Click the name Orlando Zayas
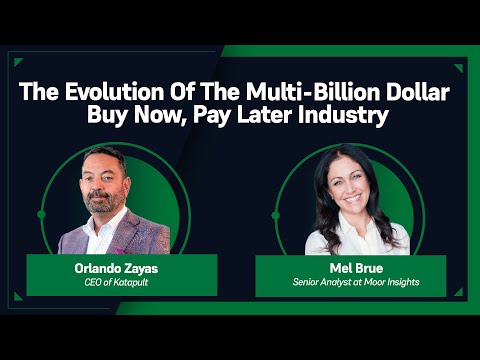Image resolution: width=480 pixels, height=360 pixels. pyautogui.click(x=120, y=267)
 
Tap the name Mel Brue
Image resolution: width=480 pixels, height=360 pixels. pyautogui.click(x=349, y=267)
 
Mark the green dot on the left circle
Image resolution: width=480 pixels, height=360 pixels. pyautogui.click(x=41, y=214)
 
